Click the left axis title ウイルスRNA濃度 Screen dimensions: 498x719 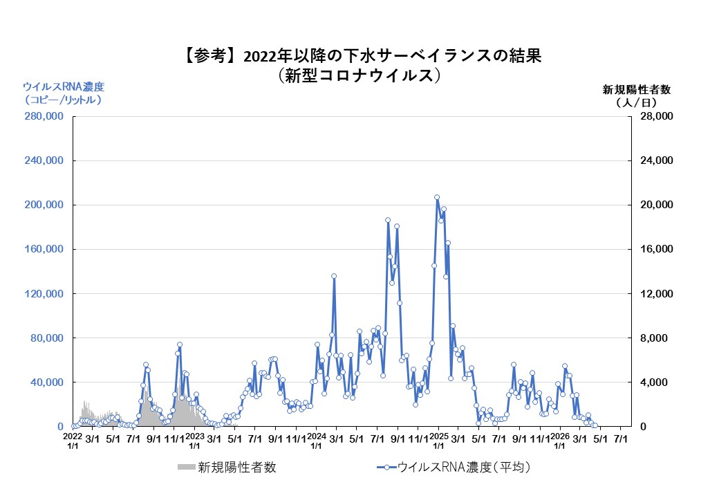(63, 93)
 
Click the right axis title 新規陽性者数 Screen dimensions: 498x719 (637, 95)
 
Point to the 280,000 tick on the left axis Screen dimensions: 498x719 (44, 117)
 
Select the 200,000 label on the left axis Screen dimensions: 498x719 (44, 205)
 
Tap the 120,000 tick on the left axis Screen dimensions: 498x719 (44, 294)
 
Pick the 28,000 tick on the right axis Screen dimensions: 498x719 (654, 117)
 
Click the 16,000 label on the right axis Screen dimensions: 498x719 (654, 250)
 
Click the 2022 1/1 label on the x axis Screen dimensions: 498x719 (73, 441)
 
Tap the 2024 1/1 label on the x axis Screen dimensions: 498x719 (317, 441)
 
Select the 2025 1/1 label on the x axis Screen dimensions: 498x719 (438, 441)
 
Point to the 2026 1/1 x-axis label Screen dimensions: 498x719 (560, 441)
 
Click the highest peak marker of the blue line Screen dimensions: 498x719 (437, 197)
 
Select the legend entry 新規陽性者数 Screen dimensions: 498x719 (228, 468)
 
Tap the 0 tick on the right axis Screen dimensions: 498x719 (642, 427)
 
